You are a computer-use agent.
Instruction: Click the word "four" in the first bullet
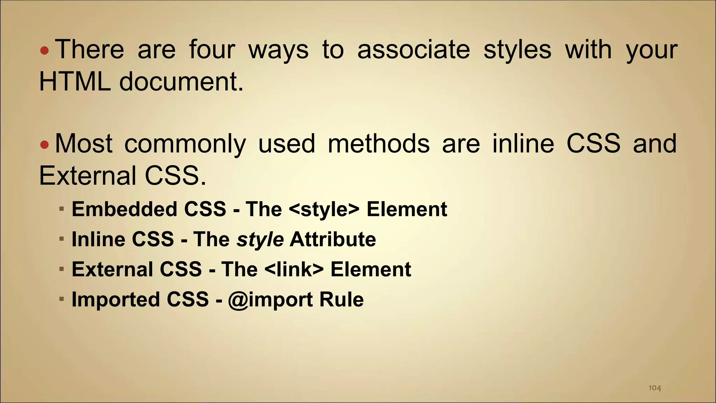click(x=212, y=49)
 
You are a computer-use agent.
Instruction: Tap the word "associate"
click(x=414, y=49)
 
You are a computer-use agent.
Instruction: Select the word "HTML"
click(x=74, y=82)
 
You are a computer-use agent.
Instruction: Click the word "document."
click(x=181, y=82)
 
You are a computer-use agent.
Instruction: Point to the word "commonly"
click(x=185, y=144)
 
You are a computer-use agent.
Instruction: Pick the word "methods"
click(x=379, y=143)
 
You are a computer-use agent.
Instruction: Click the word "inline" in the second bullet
click(x=523, y=143)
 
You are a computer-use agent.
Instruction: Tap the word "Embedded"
click(x=124, y=209)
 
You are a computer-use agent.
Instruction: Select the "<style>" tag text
click(x=324, y=209)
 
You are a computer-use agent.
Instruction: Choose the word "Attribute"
click(x=333, y=239)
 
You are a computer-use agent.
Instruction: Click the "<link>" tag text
click(x=294, y=269)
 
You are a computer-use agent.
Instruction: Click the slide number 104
click(x=654, y=388)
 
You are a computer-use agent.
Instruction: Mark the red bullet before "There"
click(x=44, y=51)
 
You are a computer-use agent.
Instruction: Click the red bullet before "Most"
click(x=44, y=144)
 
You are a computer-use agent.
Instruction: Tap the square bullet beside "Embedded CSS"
click(x=62, y=209)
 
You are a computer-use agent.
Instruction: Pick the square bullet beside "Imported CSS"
click(x=62, y=299)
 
